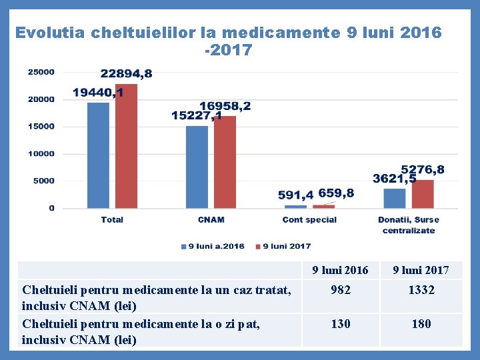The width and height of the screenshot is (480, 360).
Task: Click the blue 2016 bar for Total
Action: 98,155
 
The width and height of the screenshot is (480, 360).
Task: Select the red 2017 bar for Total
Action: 126,146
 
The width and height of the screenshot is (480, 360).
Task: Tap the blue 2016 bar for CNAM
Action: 197,167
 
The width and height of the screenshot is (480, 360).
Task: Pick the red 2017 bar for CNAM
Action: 225,162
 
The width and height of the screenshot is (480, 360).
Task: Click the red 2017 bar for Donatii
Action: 423,194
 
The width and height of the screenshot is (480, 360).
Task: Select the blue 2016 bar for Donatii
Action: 395,198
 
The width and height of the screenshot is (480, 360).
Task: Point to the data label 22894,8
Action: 126,73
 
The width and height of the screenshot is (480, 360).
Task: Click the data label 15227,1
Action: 197,116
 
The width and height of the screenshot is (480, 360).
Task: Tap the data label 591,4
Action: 295,195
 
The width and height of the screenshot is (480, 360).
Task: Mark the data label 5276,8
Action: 423,170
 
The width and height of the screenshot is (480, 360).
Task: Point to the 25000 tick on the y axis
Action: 41,72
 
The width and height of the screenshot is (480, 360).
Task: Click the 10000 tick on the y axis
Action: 41,154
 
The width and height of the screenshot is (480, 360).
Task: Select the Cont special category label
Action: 309,220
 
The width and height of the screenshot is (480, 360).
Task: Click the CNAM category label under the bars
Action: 211,220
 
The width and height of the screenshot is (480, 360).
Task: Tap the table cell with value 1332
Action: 421,290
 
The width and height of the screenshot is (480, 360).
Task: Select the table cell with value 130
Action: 341,324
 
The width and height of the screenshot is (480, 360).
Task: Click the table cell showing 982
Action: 341,290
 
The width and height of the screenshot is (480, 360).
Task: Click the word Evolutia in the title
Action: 49,33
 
